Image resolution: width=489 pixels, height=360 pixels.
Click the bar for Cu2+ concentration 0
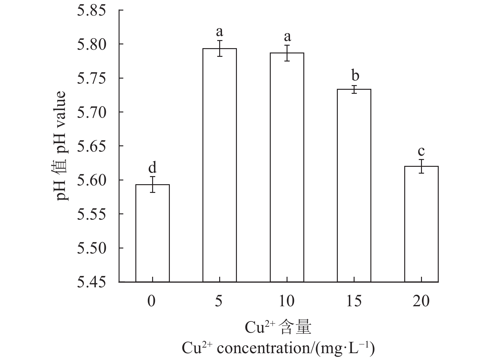[152, 233]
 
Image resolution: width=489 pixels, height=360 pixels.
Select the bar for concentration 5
[220, 165]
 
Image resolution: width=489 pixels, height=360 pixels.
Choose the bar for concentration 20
[421, 224]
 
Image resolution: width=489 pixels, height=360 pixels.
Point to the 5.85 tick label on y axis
[91, 11]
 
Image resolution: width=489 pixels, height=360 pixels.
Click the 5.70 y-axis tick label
[91, 112]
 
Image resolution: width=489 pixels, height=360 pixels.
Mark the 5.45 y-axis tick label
[91, 282]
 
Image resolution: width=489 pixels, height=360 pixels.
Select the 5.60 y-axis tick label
[91, 180]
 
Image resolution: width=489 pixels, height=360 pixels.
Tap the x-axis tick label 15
[354, 301]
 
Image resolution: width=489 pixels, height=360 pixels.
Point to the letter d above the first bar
[152, 168]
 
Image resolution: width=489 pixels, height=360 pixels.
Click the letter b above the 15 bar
[355, 75]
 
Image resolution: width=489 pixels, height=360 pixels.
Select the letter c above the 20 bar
[421, 152]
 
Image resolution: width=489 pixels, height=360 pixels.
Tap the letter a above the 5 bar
[220, 32]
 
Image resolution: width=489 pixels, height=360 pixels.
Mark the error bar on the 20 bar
[421, 166]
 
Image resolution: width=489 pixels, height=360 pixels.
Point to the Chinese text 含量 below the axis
[294, 328]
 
